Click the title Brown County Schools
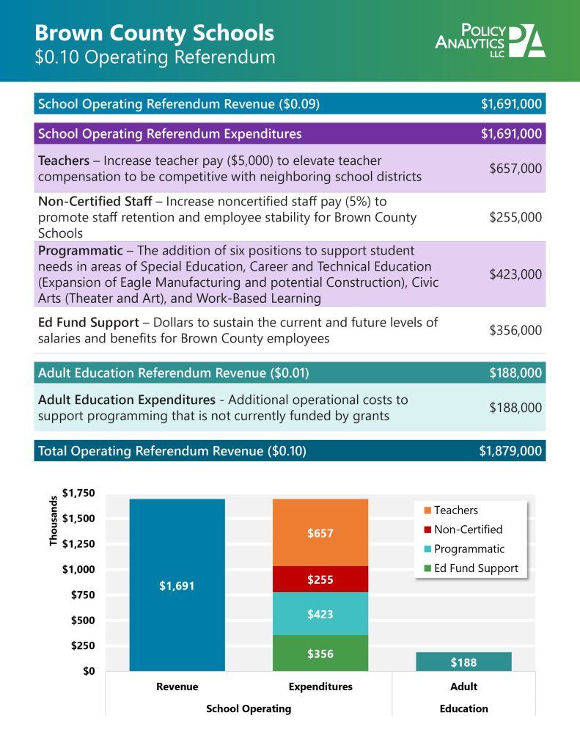154,33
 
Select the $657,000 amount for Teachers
515,169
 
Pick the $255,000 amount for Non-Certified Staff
515,217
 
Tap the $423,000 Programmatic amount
515,274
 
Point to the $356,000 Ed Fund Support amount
515,330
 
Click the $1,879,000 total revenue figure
510,451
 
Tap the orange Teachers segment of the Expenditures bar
320,533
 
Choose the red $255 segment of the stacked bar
320,579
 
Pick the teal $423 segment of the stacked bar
320,614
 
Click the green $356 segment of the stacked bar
320,653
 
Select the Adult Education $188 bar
463,662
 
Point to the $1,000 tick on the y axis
79,570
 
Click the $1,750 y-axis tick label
79,493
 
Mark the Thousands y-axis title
54,521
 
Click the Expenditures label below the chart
320,687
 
